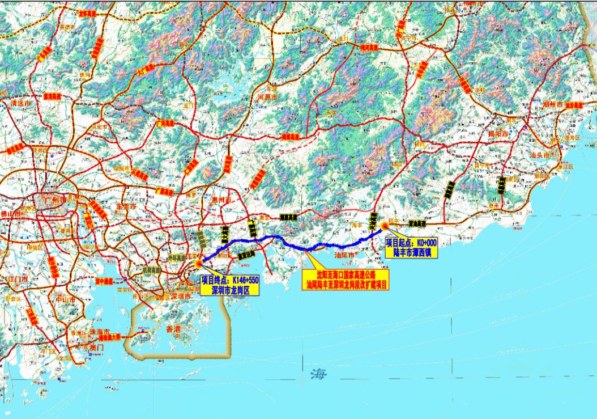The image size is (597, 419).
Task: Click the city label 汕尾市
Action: coord(344,256)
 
